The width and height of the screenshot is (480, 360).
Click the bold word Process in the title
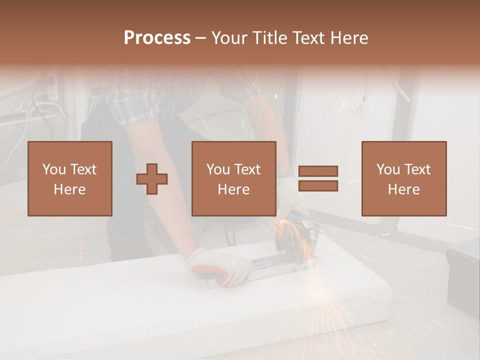pyautogui.click(x=157, y=38)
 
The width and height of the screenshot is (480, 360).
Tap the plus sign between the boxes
pyautogui.click(x=152, y=179)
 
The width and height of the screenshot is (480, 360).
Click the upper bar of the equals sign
pyautogui.click(x=318, y=171)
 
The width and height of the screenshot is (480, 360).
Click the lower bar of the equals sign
pyautogui.click(x=318, y=185)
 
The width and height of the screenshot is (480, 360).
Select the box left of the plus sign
pyautogui.click(x=70, y=178)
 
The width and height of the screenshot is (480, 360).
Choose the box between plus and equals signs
pyautogui.click(x=234, y=178)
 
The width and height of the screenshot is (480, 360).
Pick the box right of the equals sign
pyautogui.click(x=404, y=178)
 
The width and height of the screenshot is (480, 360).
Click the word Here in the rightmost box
pyautogui.click(x=404, y=189)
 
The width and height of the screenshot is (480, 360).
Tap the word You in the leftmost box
pyautogui.click(x=53, y=169)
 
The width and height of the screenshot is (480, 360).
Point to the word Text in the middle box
pyautogui.click(x=246, y=169)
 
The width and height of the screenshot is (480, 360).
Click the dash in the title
pyautogui.click(x=201, y=38)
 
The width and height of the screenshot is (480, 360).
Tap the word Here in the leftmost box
pyautogui.click(x=70, y=189)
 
